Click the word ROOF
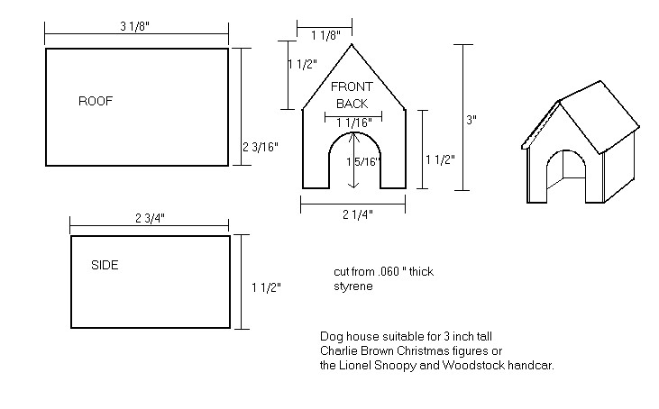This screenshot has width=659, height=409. (96, 101)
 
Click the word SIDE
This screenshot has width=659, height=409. (105, 266)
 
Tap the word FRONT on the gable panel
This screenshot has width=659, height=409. (352, 86)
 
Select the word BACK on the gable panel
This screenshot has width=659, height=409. (352, 104)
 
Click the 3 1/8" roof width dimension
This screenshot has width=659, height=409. (135, 26)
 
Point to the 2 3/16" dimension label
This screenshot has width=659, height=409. (261, 147)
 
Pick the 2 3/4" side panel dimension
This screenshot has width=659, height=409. (150, 218)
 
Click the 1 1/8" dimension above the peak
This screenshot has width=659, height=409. (325, 36)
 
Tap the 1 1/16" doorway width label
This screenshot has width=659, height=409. (354, 123)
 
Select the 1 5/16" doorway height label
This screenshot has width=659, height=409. (363, 161)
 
